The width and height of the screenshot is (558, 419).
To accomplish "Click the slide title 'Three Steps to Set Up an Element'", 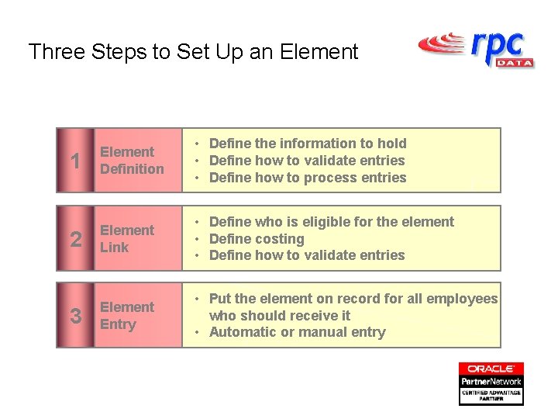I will coord(193,52).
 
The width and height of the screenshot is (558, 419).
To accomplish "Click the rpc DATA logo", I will coord(476,49).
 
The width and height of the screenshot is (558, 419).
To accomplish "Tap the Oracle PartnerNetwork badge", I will coord(491,383).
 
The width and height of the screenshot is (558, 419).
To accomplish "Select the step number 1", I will coord(75,161).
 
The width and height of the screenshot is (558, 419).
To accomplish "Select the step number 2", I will coord(75,239).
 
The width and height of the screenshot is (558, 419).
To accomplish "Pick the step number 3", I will coord(75,316).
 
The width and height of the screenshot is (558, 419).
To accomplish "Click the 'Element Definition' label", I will coord(133,161).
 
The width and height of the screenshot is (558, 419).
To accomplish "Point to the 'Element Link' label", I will coord(127,239).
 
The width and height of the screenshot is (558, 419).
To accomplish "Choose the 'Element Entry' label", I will coord(127,316).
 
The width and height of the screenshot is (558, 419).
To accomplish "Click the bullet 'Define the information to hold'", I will coord(308,144).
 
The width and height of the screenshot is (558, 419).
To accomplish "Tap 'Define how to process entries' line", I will coord(308,178).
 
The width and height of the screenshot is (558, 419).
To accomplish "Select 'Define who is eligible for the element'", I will coord(332,222).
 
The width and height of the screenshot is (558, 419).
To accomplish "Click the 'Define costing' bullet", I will coord(257,239).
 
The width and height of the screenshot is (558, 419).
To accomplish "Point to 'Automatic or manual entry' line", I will coord(297,332).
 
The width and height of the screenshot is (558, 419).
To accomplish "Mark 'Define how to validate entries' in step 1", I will coord(307,161).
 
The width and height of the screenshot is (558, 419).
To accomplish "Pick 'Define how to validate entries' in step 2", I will coord(307,255).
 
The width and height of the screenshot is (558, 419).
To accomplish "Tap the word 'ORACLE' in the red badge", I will coord(491,369).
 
